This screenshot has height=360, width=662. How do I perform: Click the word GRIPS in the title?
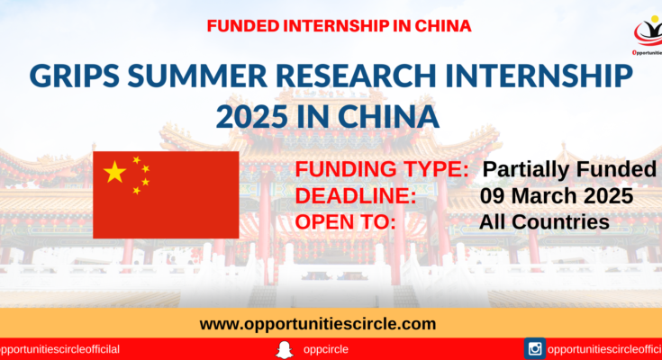pos(75,76)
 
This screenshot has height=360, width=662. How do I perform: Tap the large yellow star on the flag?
pos(115,172)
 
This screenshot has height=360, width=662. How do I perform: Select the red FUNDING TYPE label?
pos(382,169)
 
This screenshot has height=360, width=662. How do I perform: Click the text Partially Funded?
pos(569,169)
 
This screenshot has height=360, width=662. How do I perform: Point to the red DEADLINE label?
pos(356,196)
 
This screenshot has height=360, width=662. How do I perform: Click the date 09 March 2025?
pos(557,196)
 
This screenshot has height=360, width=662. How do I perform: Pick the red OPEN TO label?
pos(345,222)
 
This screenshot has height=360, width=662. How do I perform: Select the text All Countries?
pos(544,222)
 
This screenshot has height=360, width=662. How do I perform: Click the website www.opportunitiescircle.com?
pos(318,324)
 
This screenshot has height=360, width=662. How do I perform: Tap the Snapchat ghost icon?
pos(284,349)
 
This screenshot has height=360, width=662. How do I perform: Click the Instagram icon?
pos(535,348)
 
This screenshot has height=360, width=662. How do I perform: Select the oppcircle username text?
pos(325,350)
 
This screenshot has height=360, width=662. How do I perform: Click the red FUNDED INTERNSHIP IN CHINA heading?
pos(339,26)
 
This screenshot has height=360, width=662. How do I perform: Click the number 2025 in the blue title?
pos(252,117)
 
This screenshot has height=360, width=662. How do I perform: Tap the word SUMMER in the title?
pos(197,76)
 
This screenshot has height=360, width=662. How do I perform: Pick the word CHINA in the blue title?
pos(388,117)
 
